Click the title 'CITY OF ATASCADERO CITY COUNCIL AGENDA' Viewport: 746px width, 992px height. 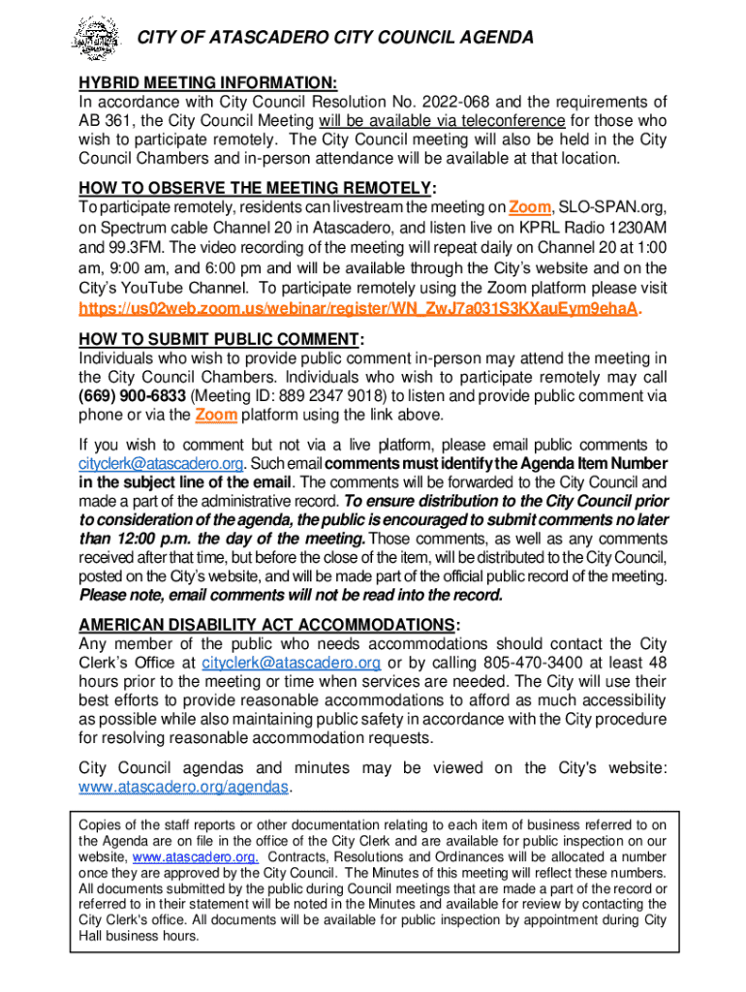pos(334,38)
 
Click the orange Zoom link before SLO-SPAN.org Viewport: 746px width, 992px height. pos(530,207)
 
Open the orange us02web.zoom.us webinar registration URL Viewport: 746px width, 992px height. pos(359,308)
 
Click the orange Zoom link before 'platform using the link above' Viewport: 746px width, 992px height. pos(216,416)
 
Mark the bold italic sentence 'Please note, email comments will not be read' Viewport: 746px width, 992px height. pos(292,594)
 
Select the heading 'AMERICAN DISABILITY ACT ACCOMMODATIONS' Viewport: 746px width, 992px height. pos(265,624)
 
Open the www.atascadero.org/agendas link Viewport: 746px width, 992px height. pos(183,787)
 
